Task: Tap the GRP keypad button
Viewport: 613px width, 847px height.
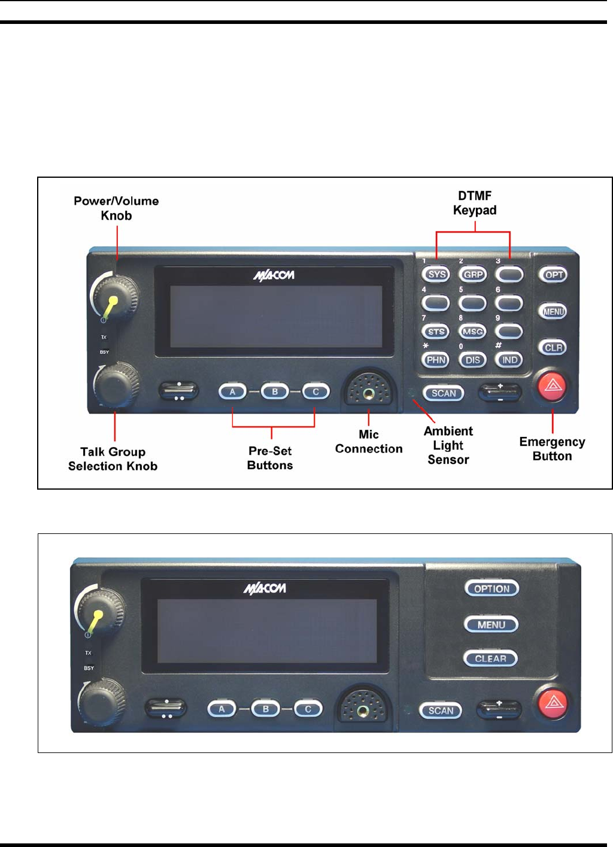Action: coord(473,275)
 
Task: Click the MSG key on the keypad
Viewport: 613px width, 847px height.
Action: coord(473,332)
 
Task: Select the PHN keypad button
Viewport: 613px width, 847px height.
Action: coord(436,360)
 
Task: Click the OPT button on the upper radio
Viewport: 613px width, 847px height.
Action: coord(554,275)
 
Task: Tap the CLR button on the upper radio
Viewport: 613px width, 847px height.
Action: coord(554,348)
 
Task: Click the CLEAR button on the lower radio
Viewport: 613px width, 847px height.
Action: coord(491,658)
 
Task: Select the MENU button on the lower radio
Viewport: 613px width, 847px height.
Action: coord(491,625)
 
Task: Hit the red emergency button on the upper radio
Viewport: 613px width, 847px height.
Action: coord(553,385)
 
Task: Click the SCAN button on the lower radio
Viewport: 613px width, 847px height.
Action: coord(441,711)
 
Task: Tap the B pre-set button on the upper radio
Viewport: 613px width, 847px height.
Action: coord(275,392)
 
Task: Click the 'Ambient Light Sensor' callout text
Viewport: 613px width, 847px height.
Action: coord(448,445)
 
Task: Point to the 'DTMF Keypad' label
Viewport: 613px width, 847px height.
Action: coord(475,203)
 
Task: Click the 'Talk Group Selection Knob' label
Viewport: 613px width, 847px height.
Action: coord(113,459)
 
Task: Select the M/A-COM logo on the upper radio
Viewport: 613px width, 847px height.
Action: coord(274,275)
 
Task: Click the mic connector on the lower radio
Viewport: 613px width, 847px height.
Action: coord(363,711)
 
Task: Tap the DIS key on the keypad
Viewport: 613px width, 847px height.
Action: coord(473,360)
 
